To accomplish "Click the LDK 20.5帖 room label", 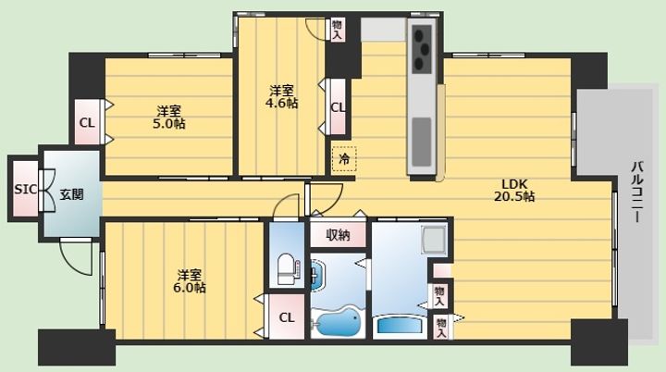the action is [x=514, y=190].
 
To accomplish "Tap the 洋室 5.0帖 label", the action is [x=169, y=118].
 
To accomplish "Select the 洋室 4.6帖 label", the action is [x=281, y=97].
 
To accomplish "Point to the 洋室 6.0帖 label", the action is [x=190, y=281].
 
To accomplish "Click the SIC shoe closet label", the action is [x=26, y=189].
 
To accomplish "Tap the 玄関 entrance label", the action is [x=71, y=194].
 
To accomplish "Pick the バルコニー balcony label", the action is [x=637, y=192].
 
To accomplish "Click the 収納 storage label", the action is [x=339, y=235].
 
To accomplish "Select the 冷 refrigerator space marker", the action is [x=344, y=159].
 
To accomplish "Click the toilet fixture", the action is [x=288, y=269].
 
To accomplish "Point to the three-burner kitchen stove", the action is [x=422, y=49].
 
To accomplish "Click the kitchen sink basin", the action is [x=422, y=142].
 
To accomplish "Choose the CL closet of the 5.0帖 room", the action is [x=87, y=122].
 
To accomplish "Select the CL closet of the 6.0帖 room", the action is [x=287, y=317].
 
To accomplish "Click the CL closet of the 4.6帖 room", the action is [x=339, y=106].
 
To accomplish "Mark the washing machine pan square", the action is [x=434, y=241].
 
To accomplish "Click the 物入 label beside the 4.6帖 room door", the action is [x=337, y=30].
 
